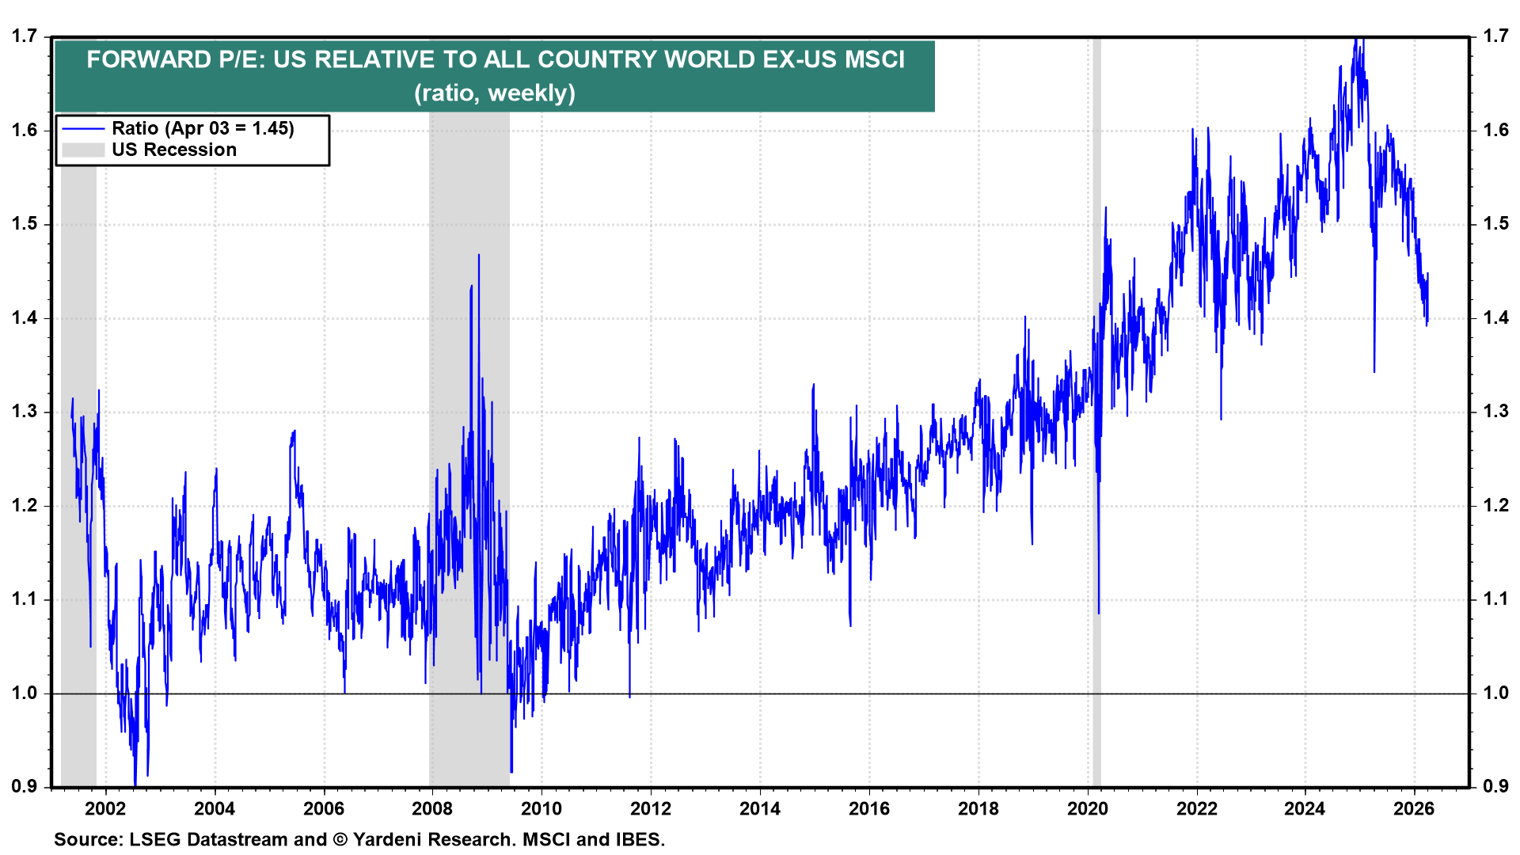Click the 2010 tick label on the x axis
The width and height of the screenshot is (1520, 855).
coord(541,808)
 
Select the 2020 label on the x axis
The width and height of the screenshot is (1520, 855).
coord(1088,808)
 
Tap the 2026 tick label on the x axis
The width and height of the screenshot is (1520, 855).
coord(1414,808)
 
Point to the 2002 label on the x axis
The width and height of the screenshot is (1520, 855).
coord(105,808)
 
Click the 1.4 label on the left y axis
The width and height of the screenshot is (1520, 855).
coord(25,318)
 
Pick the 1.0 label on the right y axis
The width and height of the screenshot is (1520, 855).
coord(1495,693)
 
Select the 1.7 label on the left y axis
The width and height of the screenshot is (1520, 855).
coord(25,36)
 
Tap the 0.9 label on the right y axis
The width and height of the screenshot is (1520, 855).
coord(1495,786)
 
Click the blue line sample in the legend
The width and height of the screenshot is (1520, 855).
coord(83,129)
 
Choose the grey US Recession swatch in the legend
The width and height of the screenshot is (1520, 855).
coord(83,150)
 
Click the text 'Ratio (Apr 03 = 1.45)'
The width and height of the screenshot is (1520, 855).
coord(203,128)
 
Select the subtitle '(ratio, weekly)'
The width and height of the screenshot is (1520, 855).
coord(495,93)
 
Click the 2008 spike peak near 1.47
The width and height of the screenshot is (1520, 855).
coord(478,256)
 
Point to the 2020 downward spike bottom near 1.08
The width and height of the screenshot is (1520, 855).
coord(1099,612)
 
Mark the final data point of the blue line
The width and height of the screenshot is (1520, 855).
coord(1427,275)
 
